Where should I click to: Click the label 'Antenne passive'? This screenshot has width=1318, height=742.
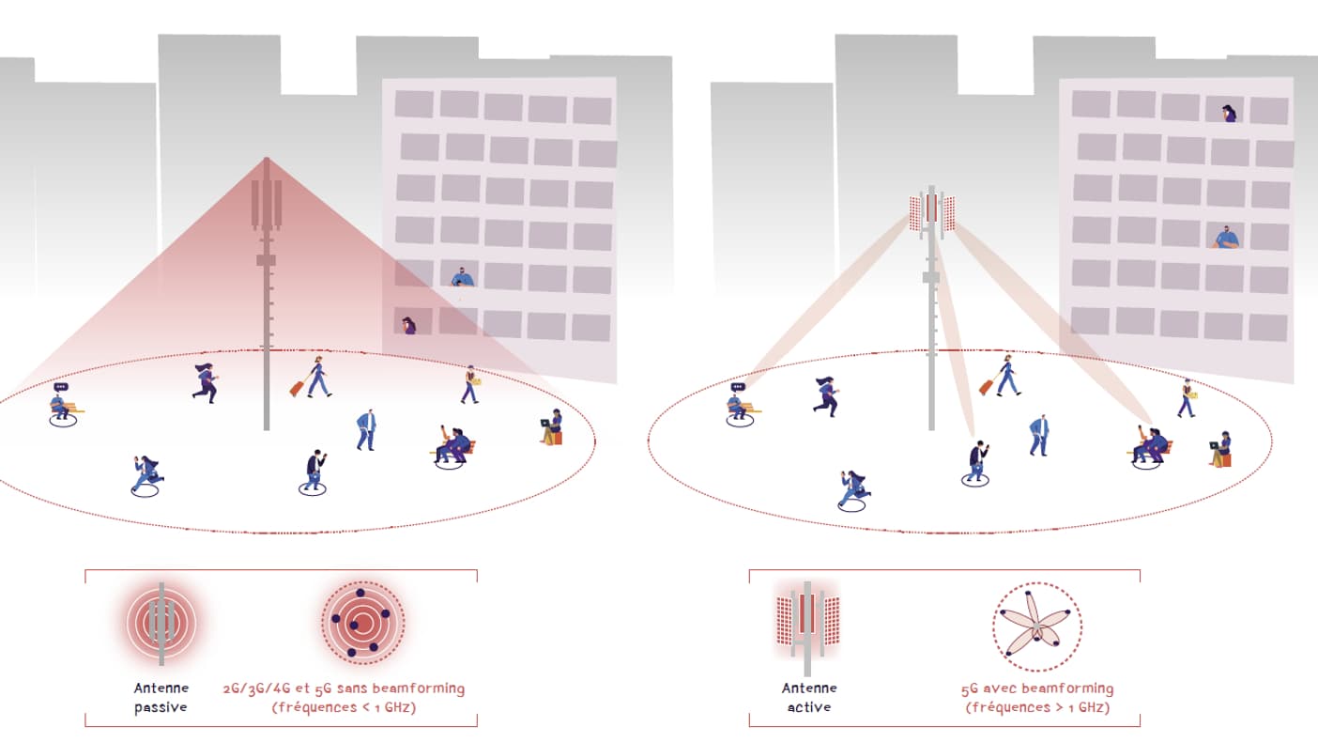point(161,697)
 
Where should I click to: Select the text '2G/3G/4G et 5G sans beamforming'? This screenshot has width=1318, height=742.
point(344,688)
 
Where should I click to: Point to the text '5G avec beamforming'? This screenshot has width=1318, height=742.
point(1037,688)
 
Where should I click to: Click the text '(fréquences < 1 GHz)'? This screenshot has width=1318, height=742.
point(344,707)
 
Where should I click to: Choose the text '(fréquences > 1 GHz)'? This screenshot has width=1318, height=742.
point(1037,707)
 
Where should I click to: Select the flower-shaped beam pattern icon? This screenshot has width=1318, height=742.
point(1036,626)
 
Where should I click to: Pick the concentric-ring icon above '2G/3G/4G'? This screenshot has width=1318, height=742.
point(363,622)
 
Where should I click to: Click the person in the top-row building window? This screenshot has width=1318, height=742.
point(1229,114)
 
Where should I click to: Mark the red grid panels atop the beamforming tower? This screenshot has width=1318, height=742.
point(932,210)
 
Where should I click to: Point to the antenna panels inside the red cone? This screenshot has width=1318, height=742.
point(267,203)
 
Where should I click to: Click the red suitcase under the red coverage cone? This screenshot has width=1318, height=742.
point(298,387)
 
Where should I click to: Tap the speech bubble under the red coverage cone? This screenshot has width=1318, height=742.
point(61,387)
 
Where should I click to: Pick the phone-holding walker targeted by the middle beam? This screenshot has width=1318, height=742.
point(976,461)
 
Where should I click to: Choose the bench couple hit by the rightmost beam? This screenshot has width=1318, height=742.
point(1150,445)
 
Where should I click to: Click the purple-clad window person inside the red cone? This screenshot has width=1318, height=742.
point(408,326)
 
